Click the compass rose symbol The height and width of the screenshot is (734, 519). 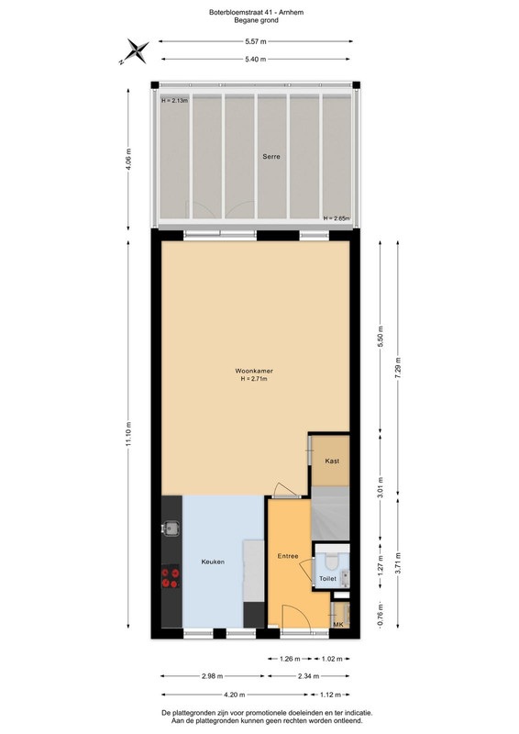(137, 51)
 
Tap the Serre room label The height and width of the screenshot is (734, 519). (271, 156)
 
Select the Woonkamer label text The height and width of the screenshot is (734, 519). (254, 371)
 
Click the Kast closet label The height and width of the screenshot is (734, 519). (332, 462)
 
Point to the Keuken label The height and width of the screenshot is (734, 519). (213, 562)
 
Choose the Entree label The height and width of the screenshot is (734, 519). (288, 556)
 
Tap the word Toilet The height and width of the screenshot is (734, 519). (327, 579)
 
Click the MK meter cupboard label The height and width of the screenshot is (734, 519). (338, 625)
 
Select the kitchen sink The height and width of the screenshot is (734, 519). (171, 528)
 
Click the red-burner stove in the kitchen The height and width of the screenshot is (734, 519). (171, 578)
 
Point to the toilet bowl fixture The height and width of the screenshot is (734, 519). (331, 561)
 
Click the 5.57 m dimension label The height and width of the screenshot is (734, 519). (256, 41)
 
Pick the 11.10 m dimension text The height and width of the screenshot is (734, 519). (128, 434)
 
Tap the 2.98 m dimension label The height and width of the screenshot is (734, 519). (212, 676)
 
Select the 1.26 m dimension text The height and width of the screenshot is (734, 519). (289, 659)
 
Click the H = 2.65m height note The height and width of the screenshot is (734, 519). (336, 218)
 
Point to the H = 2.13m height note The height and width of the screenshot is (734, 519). (174, 101)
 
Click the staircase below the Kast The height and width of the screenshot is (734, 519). (330, 513)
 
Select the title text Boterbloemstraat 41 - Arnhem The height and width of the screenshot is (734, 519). (256, 13)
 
